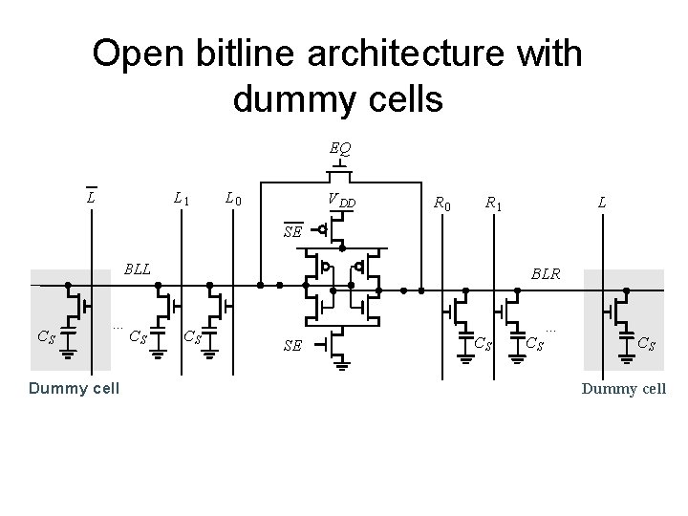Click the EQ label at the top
point(340,149)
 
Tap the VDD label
point(341,201)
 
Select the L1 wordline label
point(181,199)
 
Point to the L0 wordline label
point(232,199)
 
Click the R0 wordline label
point(442,203)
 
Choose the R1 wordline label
point(494,203)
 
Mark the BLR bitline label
point(547,273)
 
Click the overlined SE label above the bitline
point(292,230)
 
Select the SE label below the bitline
point(292,345)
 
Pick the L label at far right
point(601,203)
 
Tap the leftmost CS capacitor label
point(45,335)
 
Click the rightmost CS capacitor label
point(646,342)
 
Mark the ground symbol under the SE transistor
point(340,362)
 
